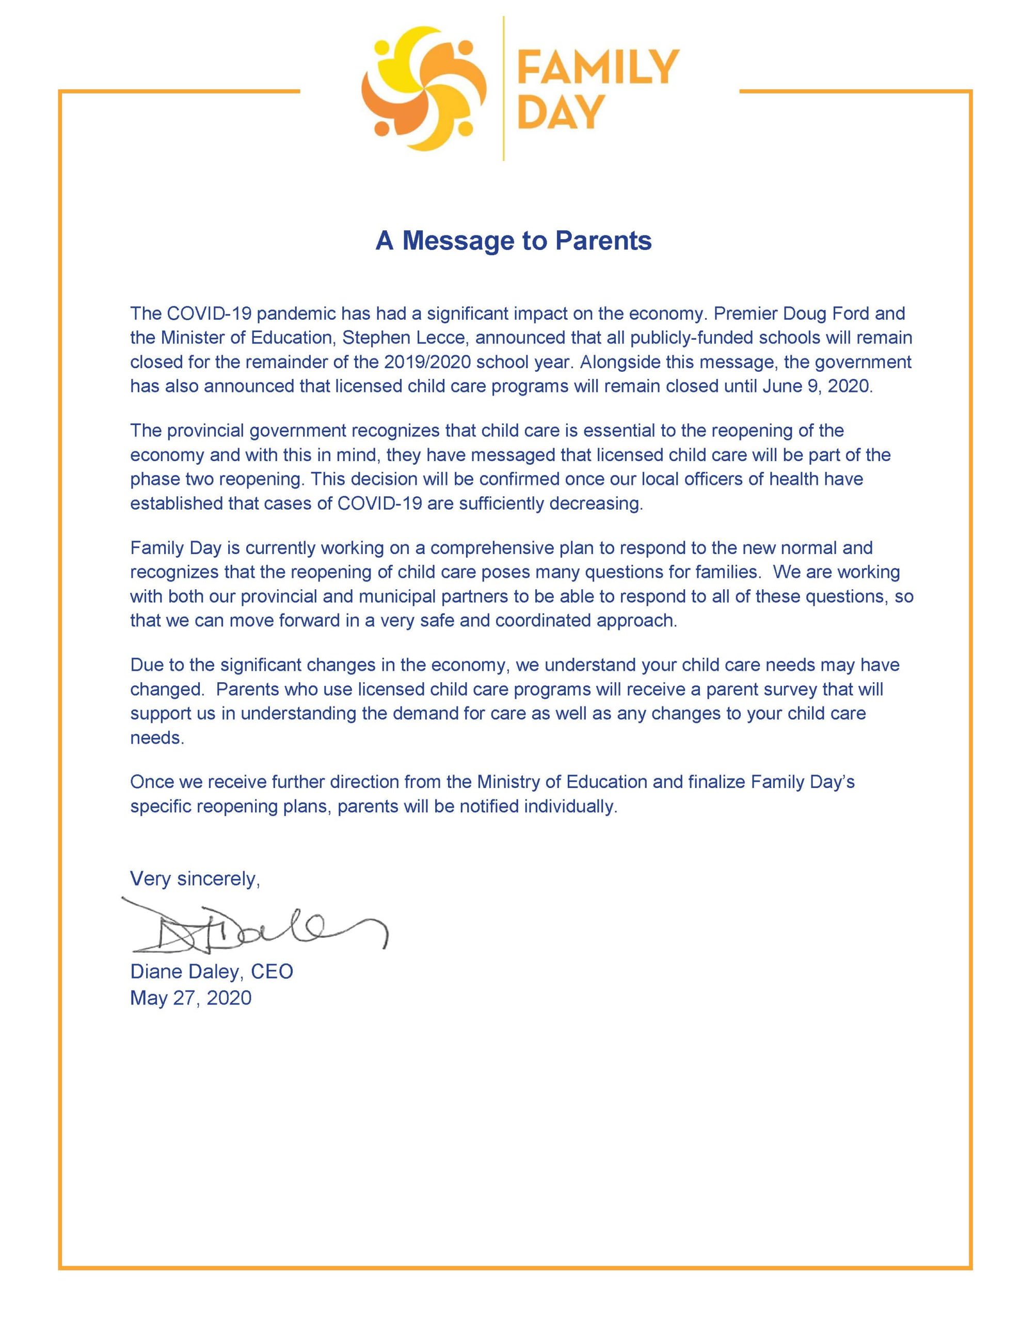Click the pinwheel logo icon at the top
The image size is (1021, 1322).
click(422, 88)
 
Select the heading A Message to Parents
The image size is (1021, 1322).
click(513, 241)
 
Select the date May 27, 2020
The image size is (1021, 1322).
click(190, 998)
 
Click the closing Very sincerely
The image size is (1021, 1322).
click(195, 878)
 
